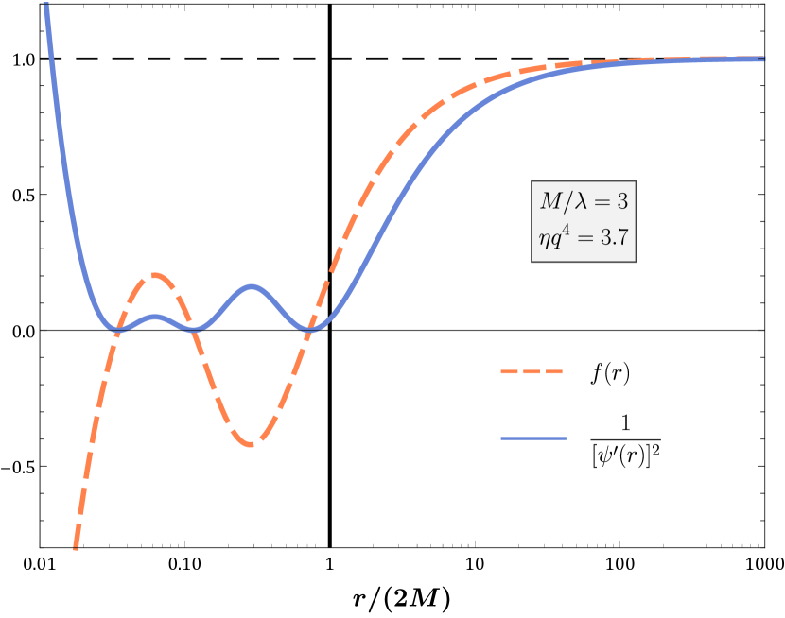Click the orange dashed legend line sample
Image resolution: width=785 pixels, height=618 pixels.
pos(532,372)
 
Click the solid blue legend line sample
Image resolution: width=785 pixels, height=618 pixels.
pos(533,438)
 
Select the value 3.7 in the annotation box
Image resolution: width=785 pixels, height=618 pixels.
pos(610,237)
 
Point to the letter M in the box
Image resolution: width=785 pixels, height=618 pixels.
pos(550,201)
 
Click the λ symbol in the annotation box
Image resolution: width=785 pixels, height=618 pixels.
pos(579,201)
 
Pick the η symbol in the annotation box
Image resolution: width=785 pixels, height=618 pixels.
pos(544,240)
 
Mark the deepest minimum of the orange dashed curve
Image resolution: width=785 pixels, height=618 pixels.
pos(252,444)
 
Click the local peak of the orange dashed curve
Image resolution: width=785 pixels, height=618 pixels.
pos(153,275)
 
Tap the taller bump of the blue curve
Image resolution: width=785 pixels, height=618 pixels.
pos(251,285)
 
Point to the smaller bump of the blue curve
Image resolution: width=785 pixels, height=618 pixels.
pos(155,317)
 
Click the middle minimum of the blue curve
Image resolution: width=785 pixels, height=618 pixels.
pos(195,329)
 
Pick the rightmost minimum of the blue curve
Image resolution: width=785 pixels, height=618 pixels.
pos(312,329)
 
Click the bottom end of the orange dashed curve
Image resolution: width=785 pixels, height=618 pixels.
pos(75,547)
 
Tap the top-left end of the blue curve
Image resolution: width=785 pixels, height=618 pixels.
pos(45,5)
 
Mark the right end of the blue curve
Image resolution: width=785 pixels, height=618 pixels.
pos(763,59)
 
